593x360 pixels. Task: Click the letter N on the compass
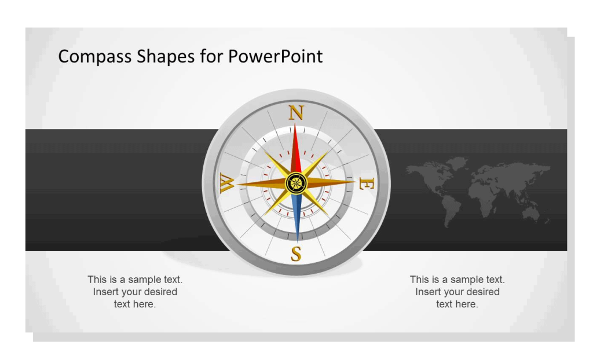296,112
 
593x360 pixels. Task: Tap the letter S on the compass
296,254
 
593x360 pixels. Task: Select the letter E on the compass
367,184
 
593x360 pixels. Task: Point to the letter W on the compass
226,183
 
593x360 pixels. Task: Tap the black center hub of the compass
296,183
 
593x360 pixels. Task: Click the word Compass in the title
96,56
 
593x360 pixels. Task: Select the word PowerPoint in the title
275,56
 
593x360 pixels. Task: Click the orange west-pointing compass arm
261,184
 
